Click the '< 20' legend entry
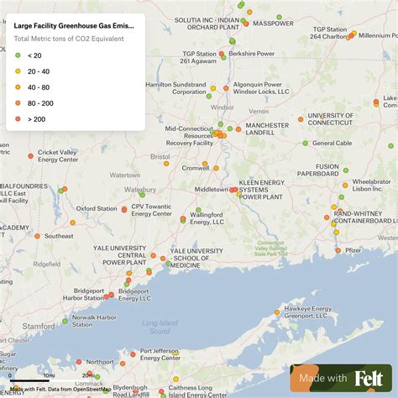coord(34,55)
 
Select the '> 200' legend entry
coord(35,118)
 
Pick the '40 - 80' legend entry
coord(39,86)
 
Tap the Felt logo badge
coord(340,378)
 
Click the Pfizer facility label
coord(354,249)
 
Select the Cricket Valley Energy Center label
coord(57,155)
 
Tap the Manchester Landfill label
coord(267,128)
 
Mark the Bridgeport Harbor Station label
coord(83,294)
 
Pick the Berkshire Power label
coord(253,53)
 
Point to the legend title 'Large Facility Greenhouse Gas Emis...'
coord(73,26)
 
